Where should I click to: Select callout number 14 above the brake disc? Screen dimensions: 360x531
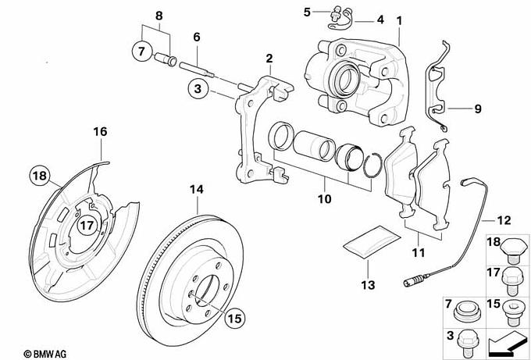click(x=197, y=190)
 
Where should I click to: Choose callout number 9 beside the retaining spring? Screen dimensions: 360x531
click(x=477, y=109)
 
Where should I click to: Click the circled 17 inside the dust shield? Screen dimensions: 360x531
click(x=87, y=226)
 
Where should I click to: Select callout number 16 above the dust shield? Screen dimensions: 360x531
click(x=100, y=131)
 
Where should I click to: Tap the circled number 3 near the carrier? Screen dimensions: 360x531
click(x=199, y=91)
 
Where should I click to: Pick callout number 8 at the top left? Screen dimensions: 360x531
click(x=159, y=16)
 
